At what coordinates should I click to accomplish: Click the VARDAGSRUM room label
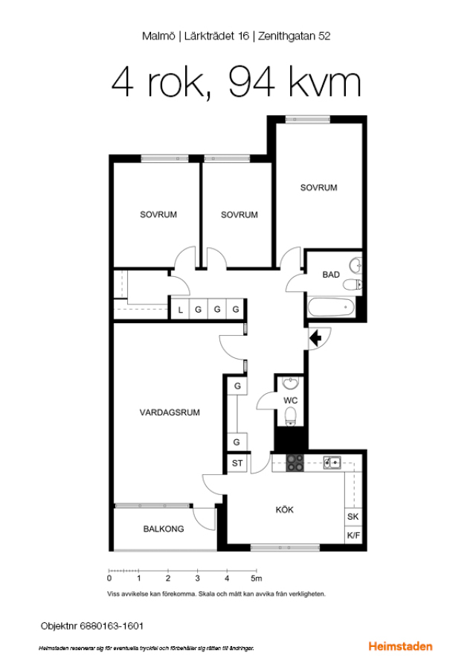(170, 412)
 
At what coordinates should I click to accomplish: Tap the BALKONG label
(164, 529)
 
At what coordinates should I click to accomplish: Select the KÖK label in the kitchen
(284, 509)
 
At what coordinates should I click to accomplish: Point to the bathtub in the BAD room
(331, 307)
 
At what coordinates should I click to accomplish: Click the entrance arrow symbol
(315, 339)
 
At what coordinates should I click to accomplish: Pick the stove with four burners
(295, 463)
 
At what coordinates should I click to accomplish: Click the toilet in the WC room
(291, 415)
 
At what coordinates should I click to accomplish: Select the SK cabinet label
(353, 517)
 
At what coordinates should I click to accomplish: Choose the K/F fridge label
(353, 535)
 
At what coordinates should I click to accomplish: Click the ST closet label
(237, 463)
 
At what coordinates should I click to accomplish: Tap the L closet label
(180, 310)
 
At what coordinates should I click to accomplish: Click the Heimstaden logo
(400, 646)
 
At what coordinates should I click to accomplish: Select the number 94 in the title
(251, 82)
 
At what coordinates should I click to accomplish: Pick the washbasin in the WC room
(291, 383)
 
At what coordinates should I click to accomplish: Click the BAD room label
(331, 275)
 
